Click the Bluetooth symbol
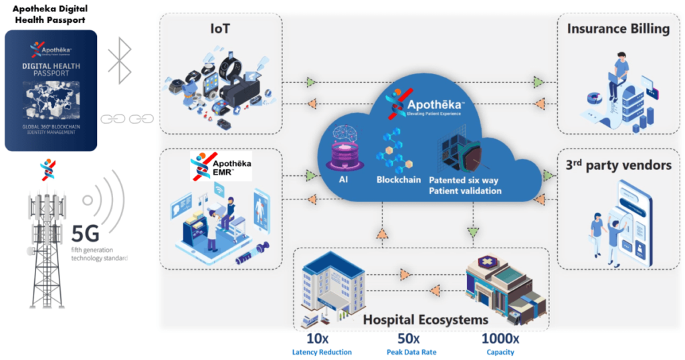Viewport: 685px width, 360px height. pos(120,61)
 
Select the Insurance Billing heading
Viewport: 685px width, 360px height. pos(618,29)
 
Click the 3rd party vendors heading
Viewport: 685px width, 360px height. pos(618,165)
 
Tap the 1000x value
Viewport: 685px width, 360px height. pos(500,339)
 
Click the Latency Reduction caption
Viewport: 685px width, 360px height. pos(322,352)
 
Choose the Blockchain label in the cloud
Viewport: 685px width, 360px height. pos(399,179)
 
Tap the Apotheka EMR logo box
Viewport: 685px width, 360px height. pos(221,167)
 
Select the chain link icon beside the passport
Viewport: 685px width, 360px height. pos(127,119)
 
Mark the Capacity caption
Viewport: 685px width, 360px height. pos(500,352)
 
